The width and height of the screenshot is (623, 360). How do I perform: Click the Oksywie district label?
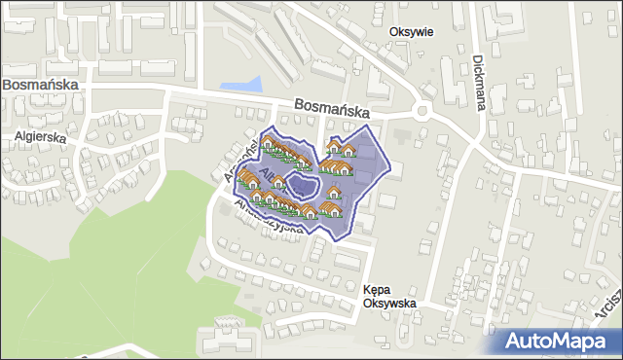411,31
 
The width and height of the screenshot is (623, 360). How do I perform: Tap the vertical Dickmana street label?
479,82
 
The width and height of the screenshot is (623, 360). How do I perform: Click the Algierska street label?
40,138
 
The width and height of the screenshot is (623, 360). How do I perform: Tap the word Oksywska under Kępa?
389,304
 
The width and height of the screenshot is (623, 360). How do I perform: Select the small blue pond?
242,86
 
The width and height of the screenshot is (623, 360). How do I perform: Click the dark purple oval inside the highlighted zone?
304,184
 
